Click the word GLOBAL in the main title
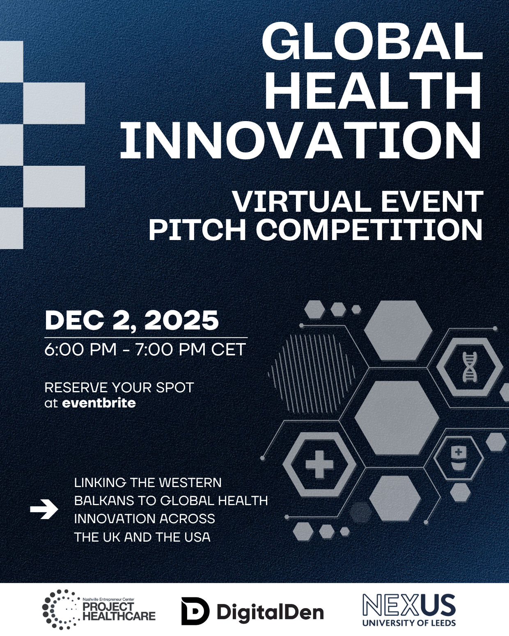pos(372,41)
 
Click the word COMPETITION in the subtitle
pos(369,231)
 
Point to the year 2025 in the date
pos(181,320)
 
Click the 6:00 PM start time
pos(80,349)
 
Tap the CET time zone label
pos(228,349)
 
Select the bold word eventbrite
pos(99,403)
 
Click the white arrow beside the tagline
pos(44,509)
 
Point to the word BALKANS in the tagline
pos(113,501)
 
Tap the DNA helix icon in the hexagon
pos(469,367)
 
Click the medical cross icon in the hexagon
pos(319,464)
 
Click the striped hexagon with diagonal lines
pos(312,373)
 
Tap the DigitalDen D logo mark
pos(195,611)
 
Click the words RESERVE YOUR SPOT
pos(119,387)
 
